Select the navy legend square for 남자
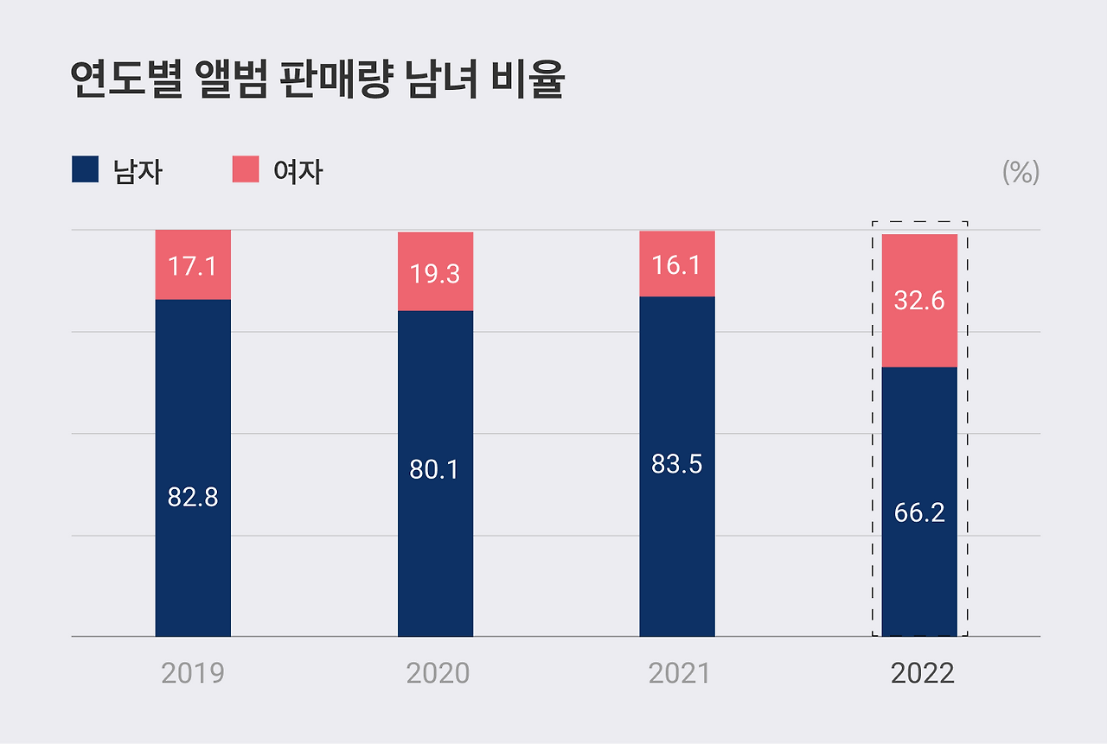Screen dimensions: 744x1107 click(x=85, y=169)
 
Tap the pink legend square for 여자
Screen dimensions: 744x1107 click(x=246, y=169)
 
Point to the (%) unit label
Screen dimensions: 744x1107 click(x=1021, y=172)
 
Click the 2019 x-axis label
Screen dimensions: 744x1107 click(x=193, y=673)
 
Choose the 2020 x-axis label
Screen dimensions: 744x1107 click(x=438, y=673)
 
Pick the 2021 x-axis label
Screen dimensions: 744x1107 click(x=679, y=673)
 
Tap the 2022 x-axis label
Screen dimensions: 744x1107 click(x=922, y=673)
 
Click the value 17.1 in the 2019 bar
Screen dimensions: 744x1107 click(x=193, y=266)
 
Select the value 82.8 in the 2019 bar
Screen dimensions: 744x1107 click(x=193, y=498)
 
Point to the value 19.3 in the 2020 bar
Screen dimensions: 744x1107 click(x=435, y=274)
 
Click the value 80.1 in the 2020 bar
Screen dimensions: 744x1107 click(x=435, y=470)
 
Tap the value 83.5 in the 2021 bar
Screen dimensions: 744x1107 click(x=677, y=464)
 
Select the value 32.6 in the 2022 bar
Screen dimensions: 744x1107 click(x=919, y=302)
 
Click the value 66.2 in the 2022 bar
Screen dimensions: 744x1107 click(x=919, y=512)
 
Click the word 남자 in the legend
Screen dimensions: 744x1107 click(x=138, y=172)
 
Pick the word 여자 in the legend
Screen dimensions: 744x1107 click(x=298, y=172)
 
